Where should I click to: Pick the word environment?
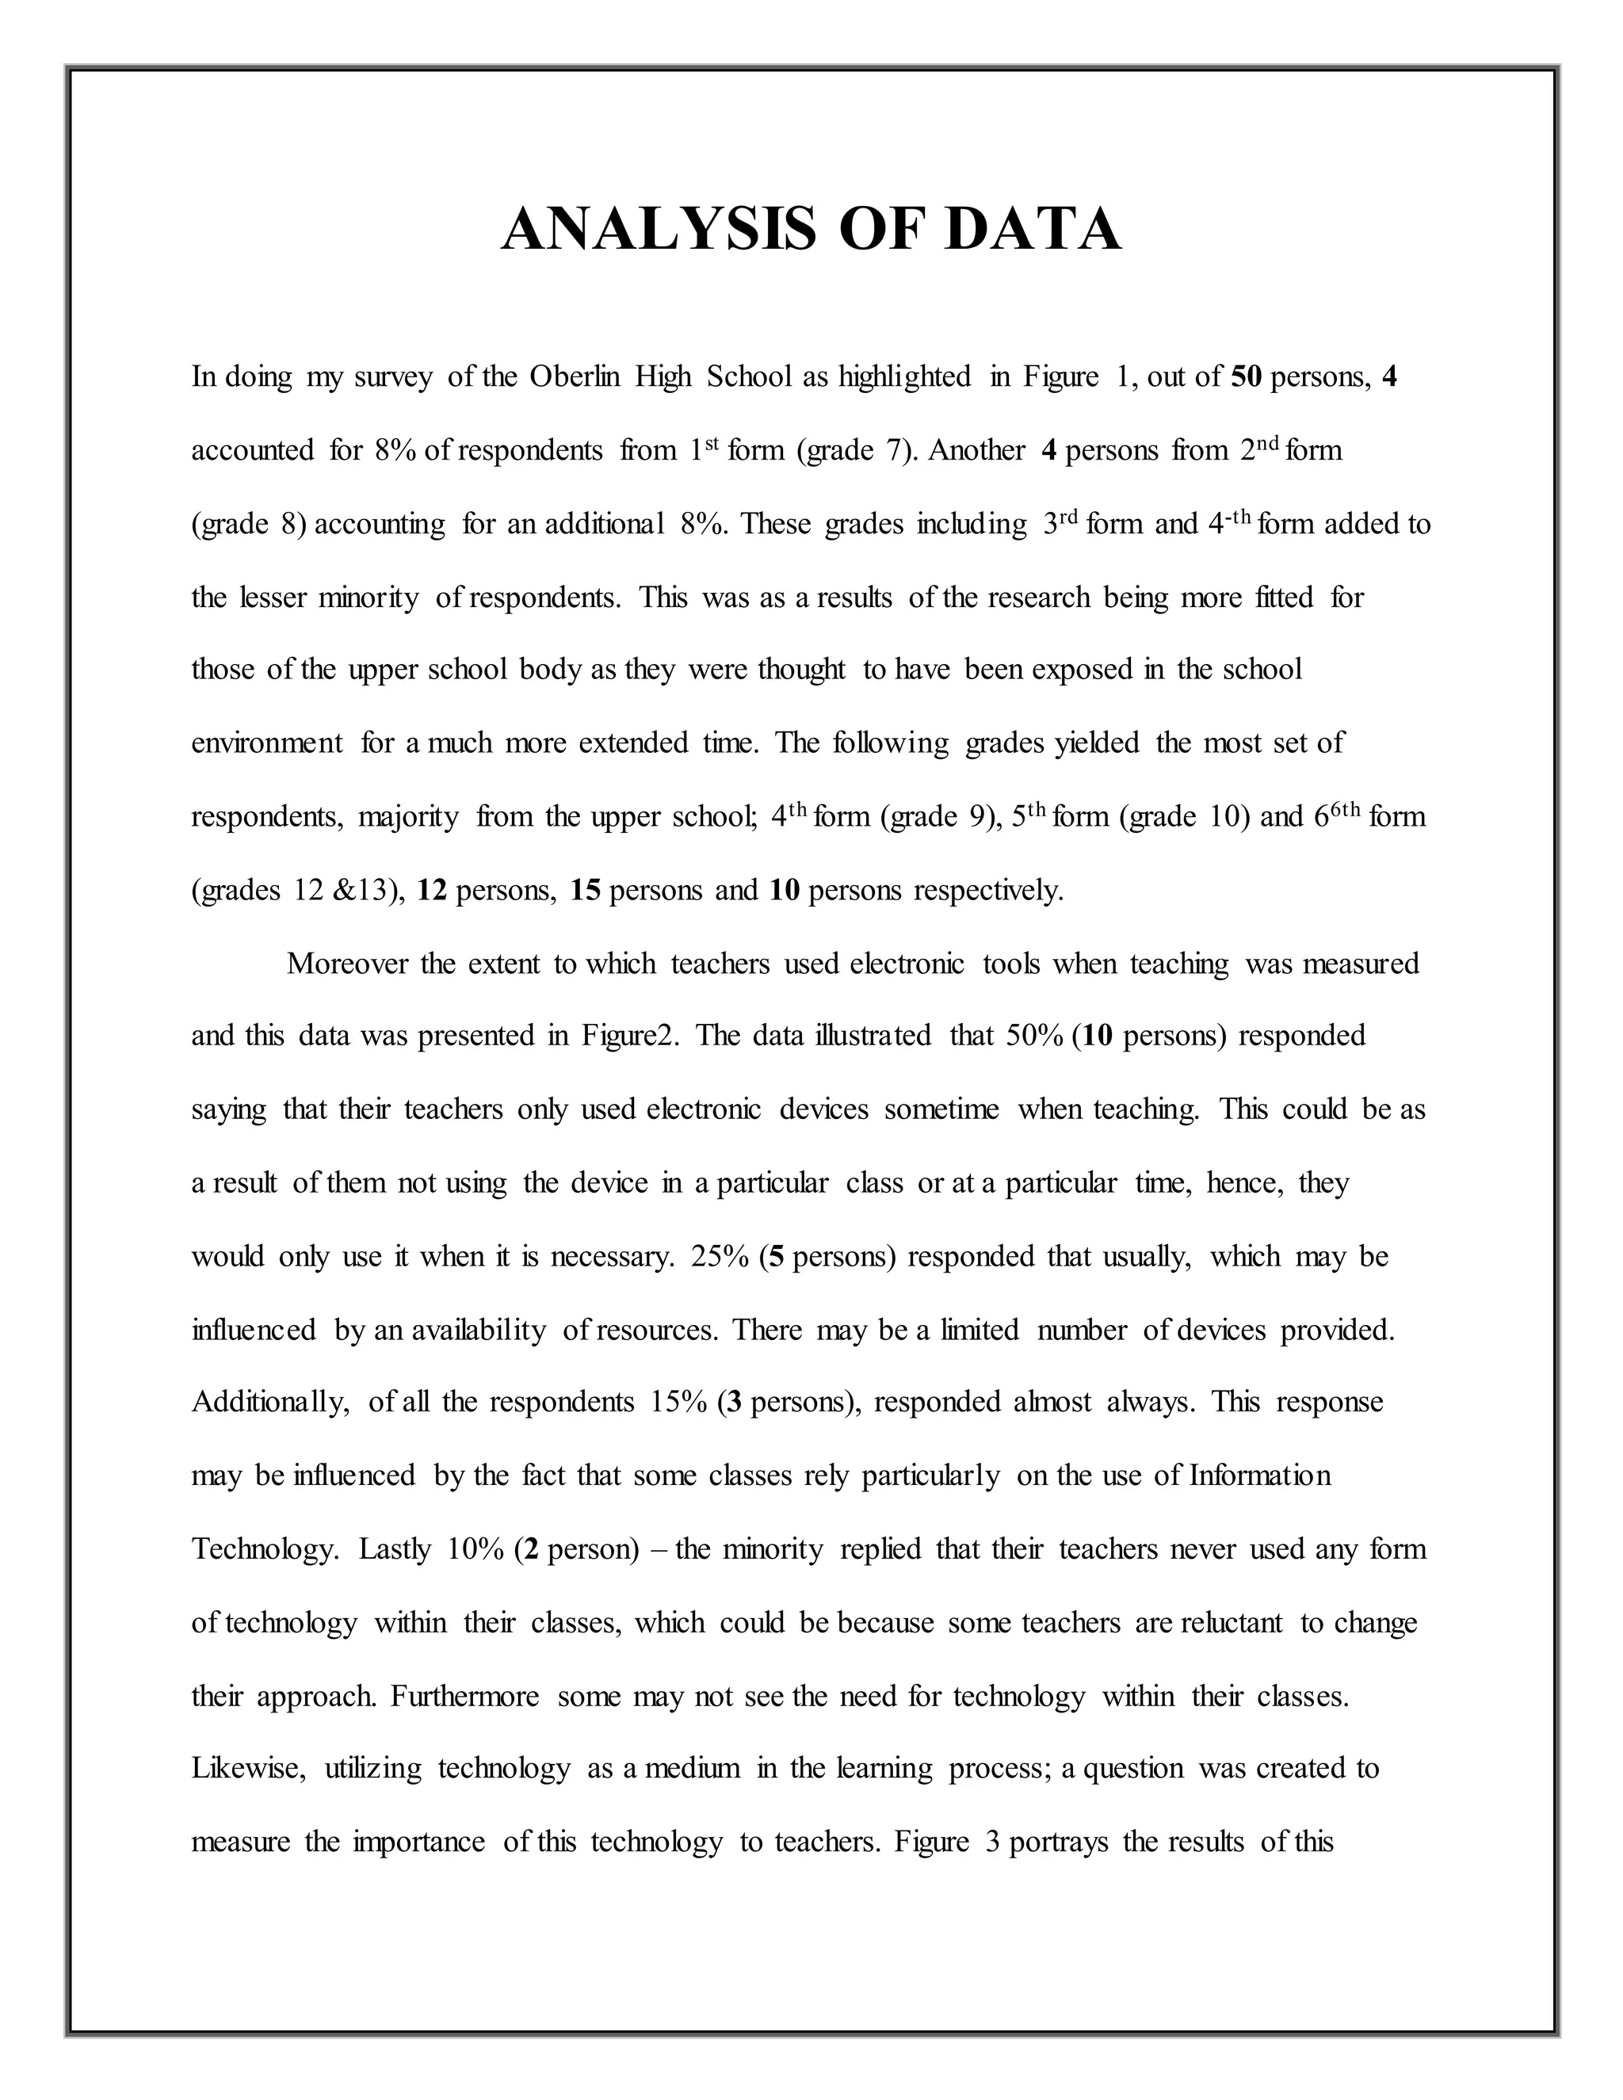tap(266, 743)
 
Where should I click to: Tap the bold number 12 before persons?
tap(432, 891)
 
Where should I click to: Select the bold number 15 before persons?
tap(586, 891)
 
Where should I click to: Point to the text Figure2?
tap(630, 1036)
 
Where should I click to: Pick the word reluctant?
tap(1231, 1623)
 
